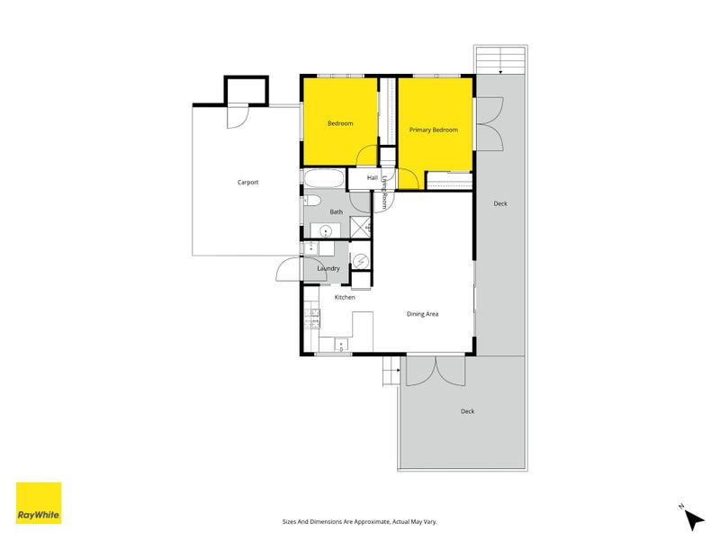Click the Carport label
pos(247,183)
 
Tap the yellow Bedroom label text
pos(340,123)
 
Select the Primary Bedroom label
pos(434,130)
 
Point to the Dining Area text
pos(422,314)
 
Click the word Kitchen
pos(345,297)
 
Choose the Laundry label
pos(328,268)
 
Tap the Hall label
pos(372,178)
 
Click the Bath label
pos(336,212)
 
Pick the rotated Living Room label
pos(384,193)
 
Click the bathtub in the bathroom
pos(323,177)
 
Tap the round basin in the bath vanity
pos(325,230)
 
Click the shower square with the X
pos(360,227)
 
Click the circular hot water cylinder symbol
pos(360,261)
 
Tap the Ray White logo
pos(39,503)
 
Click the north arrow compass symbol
pos(694,519)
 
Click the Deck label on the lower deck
pos(467,411)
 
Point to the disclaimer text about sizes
pos(360,521)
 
